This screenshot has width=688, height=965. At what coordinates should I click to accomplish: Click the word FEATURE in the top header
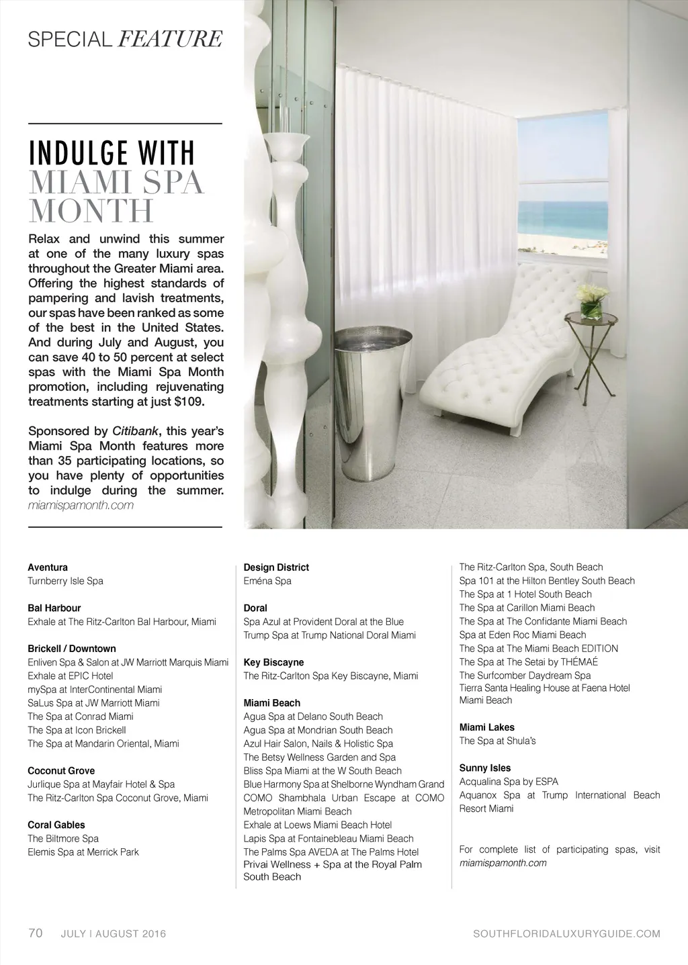[x=169, y=40]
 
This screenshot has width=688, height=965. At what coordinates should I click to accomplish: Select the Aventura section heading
[x=48, y=567]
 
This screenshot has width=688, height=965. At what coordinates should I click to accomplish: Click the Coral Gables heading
[x=56, y=825]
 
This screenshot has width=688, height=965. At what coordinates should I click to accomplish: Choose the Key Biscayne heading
[x=273, y=662]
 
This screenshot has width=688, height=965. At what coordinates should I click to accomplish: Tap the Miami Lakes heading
[x=487, y=727]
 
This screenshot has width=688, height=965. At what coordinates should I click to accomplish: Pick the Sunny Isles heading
[x=485, y=768]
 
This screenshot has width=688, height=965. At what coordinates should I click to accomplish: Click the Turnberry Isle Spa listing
[x=65, y=581]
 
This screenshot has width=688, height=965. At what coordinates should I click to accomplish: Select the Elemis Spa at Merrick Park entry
[x=83, y=852]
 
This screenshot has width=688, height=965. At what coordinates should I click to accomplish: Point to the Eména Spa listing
[x=267, y=581]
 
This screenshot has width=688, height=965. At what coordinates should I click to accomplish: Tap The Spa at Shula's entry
[x=497, y=741]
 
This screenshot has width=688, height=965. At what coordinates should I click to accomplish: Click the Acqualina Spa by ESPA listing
[x=509, y=781]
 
